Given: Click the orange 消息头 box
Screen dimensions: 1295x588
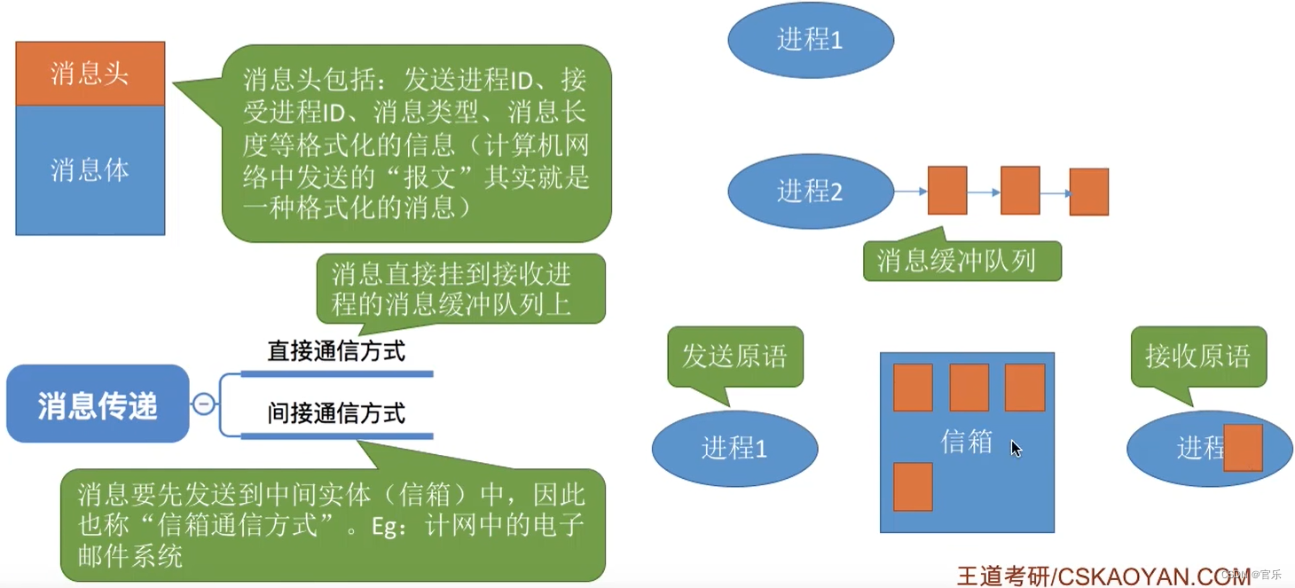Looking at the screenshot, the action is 90,74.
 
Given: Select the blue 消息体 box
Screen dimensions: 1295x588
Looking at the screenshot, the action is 90,169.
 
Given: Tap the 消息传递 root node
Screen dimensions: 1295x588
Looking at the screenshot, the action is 98,404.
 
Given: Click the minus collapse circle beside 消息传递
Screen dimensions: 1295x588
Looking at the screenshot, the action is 203,404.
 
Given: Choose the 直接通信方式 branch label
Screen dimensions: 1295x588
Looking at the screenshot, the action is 336,351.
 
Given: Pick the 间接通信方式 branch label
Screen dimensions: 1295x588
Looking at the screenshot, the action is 336,413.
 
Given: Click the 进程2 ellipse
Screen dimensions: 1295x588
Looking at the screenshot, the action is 810,191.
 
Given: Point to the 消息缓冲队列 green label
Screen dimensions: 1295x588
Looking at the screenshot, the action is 961,261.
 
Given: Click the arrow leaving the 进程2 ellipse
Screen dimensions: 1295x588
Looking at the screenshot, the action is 910,191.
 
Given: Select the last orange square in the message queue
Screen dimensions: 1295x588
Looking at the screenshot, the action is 1088,192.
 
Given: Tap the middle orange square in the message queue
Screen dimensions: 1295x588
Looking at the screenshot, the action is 1019,191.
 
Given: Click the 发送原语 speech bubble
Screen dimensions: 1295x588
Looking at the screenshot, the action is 734,356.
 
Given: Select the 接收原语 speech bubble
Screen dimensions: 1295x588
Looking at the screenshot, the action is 1197,356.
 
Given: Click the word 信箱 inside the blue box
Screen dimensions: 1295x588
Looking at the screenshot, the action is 966,442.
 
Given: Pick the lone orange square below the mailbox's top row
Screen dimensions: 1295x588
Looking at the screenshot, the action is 913,486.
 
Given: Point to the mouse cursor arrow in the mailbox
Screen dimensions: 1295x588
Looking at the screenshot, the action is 1016,448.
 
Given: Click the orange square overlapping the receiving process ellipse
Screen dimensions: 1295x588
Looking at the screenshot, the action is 1242,448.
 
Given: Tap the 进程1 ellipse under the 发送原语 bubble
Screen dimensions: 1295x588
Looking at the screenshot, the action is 734,449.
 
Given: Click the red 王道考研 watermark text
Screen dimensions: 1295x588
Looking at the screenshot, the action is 1002,576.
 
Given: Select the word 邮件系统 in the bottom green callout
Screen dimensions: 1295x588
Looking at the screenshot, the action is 130,556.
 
